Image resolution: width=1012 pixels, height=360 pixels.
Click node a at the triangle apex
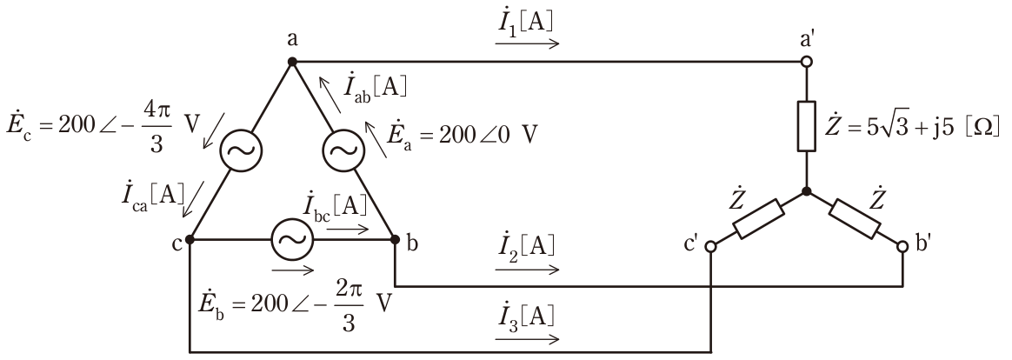[x=292, y=62]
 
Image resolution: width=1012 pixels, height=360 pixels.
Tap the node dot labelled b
[x=395, y=239]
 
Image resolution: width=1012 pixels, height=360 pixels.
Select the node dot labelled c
[x=190, y=239]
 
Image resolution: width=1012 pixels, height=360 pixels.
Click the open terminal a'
[x=806, y=62]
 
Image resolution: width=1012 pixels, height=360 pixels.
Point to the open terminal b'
[x=903, y=246]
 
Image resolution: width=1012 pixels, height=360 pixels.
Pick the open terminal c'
[x=710, y=246]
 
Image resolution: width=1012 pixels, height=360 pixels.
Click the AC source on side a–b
[x=343, y=150]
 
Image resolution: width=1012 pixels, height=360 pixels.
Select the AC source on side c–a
[x=241, y=150]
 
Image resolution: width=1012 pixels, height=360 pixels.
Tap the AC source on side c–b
[x=292, y=239]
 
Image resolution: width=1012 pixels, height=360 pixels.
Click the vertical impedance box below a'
[x=806, y=126]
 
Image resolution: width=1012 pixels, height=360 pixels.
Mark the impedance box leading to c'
[x=759, y=219]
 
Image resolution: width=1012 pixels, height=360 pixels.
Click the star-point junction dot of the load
[x=806, y=191]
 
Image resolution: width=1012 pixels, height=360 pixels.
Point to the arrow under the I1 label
[x=527, y=43]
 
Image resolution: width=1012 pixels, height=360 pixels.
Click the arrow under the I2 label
[x=527, y=270]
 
